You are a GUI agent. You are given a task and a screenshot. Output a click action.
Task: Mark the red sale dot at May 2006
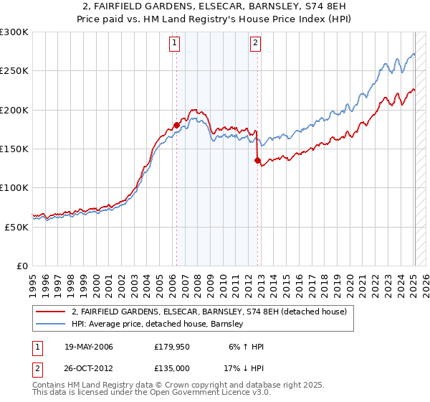[176, 126]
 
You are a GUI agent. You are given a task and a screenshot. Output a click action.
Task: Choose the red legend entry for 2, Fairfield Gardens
[209, 312]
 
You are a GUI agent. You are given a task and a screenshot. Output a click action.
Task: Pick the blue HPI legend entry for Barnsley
[158, 324]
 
